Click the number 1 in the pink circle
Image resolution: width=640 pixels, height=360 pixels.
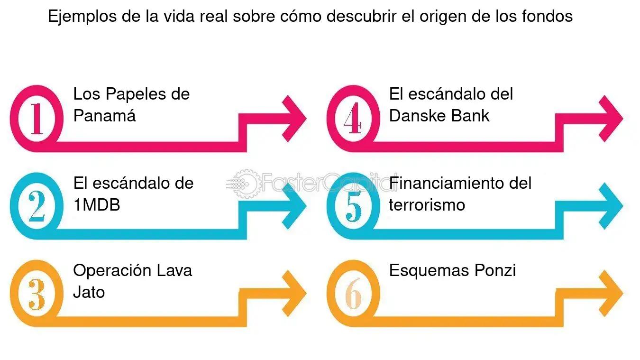37,119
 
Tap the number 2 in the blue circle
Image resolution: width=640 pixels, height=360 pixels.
37,206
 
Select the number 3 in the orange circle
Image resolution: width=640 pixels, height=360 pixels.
37,294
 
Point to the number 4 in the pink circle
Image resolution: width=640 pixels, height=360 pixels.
353,118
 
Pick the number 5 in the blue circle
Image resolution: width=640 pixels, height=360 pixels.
354,206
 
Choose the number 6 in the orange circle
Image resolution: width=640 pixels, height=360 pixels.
354,294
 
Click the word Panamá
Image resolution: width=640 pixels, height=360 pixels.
104,116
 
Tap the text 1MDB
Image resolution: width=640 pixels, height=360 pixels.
97,205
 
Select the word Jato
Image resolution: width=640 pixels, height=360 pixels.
89,292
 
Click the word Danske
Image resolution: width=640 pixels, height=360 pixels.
418,116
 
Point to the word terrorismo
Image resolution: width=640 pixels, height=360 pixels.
427,205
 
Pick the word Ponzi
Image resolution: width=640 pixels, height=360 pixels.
495,270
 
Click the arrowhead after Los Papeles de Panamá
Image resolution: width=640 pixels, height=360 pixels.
294,119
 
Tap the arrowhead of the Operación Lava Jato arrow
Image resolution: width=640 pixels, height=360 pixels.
294,294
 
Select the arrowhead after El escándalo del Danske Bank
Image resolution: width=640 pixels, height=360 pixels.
611,119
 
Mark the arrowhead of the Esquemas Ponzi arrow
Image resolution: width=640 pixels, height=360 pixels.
611,294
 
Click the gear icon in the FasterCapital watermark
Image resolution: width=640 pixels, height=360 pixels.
245,184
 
